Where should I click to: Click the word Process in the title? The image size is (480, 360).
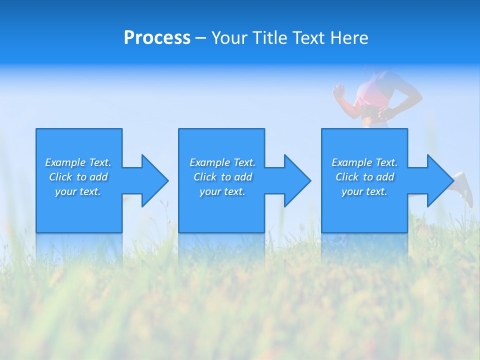pos(157,38)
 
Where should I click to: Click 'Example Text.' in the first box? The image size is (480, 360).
pos(78,162)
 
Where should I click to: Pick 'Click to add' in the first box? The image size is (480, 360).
pos(78,177)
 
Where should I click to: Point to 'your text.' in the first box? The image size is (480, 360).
pos(78,191)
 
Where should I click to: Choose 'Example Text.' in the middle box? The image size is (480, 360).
pos(222,162)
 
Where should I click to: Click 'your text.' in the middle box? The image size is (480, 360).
pos(222,191)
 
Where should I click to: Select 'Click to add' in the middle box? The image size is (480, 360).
pos(222,177)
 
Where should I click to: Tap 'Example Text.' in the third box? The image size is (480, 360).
pos(364,162)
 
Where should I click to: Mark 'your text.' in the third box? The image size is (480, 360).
pos(364,191)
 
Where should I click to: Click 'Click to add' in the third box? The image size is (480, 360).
pos(364,177)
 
